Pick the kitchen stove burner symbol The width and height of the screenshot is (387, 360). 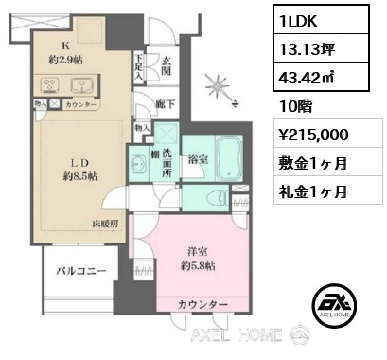click(52, 82)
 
